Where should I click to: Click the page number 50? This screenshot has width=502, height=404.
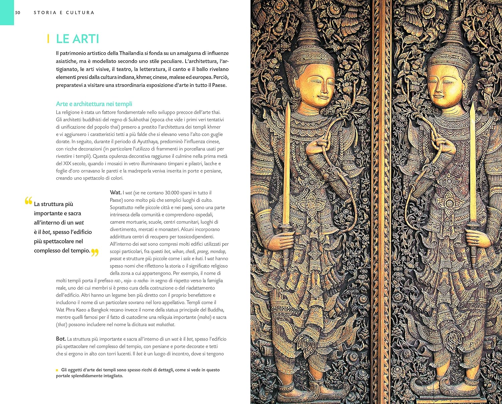(x=17, y=13)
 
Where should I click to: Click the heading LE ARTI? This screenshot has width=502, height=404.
(x=77, y=39)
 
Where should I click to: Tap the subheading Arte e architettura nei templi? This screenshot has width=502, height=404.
(x=94, y=104)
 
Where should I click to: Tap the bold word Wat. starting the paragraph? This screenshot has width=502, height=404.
(x=115, y=193)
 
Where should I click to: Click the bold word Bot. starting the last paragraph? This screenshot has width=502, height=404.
(x=61, y=339)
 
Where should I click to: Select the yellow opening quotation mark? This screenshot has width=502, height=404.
(x=28, y=201)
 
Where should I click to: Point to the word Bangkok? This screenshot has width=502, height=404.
(x=100, y=310)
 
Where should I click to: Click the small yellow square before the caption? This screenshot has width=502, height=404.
(x=57, y=370)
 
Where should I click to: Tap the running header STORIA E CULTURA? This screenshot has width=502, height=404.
(x=64, y=13)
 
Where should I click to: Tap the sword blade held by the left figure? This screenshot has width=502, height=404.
(x=287, y=161)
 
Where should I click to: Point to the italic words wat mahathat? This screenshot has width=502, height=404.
(x=161, y=325)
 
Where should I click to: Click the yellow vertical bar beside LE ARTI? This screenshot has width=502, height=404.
(x=49, y=39)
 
